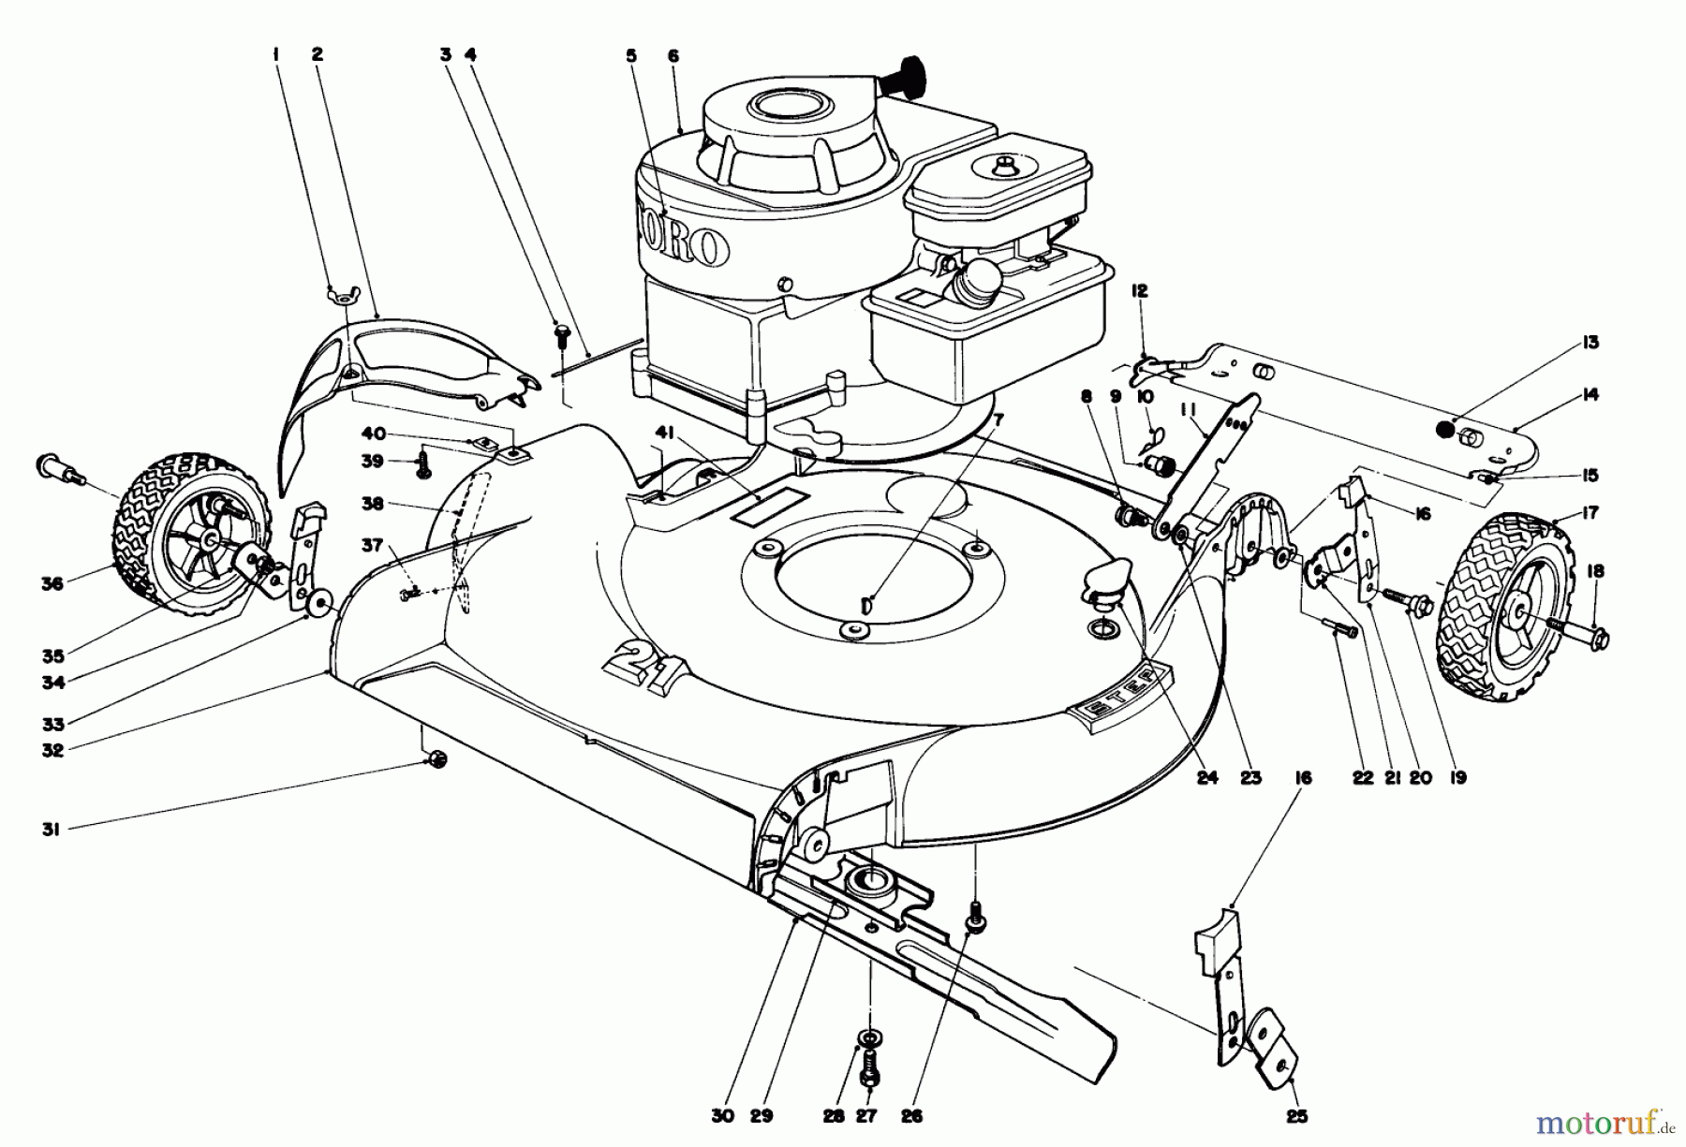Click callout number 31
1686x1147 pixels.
point(51,829)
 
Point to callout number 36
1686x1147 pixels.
point(52,584)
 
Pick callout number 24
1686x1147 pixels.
point(1207,777)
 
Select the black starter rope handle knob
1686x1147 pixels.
point(919,69)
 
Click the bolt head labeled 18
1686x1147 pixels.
point(1598,639)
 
